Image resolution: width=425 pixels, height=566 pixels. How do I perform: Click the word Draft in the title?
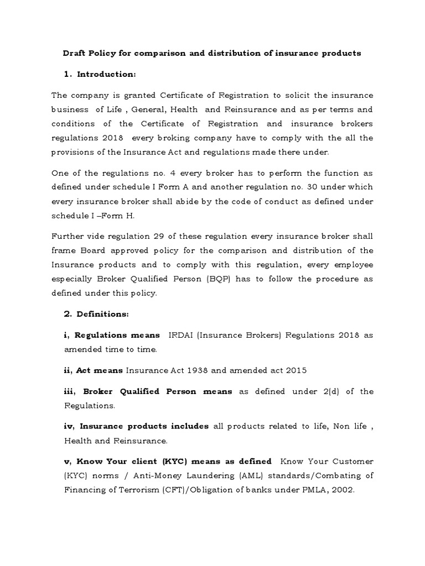[73, 53]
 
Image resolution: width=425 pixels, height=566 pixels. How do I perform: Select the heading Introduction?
[106, 74]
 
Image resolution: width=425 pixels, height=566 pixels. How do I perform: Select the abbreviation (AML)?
[224, 475]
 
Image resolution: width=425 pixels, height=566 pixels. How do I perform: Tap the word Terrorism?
[122, 489]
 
